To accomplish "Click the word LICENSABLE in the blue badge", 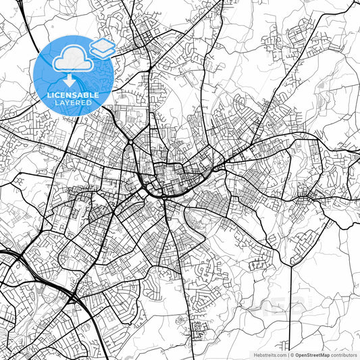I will (x=72, y=96).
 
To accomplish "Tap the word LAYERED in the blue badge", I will (x=72, y=104).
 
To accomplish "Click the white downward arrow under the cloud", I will (x=72, y=82).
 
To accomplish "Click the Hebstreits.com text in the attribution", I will (x=269, y=355).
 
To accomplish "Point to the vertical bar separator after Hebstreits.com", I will (x=288, y=355).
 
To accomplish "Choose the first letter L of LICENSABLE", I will (x=49, y=96).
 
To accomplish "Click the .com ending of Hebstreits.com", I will (x=280, y=355).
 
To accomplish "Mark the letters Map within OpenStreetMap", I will (x=324, y=355).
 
